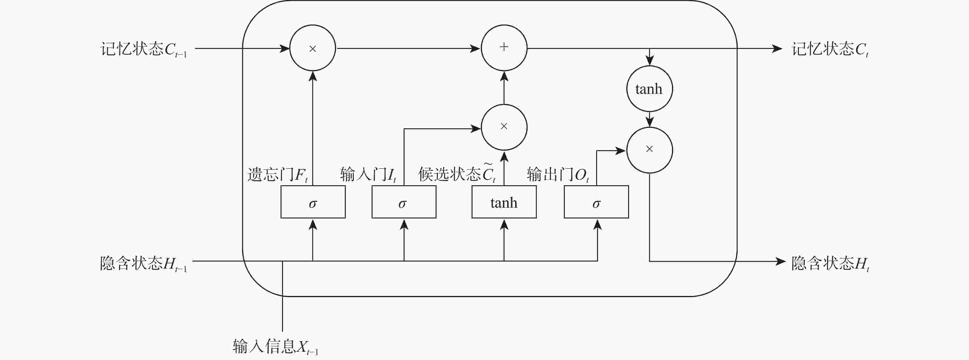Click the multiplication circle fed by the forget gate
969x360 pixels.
313,48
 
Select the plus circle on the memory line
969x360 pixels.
504,48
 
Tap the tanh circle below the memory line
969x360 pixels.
649,89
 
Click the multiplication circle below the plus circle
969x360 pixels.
504,127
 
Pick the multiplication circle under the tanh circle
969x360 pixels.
649,150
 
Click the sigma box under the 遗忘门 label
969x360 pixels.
313,202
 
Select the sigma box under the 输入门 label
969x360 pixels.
404,202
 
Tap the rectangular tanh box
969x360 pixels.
504,202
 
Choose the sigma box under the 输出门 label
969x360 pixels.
596,202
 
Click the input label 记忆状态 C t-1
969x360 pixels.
143,49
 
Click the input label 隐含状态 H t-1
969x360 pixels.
143,263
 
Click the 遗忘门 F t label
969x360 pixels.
277,174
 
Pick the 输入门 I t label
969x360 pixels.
368,174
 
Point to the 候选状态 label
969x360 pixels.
457,174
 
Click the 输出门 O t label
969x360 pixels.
557,174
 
